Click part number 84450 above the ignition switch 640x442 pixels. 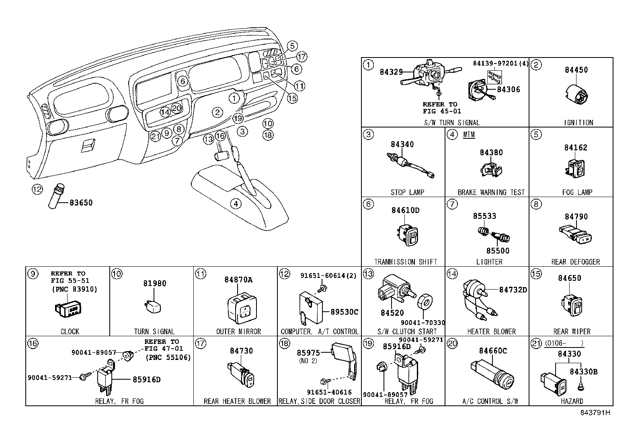576,70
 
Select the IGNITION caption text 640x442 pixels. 578,123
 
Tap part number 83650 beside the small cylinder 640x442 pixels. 81,202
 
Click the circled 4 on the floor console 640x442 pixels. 236,204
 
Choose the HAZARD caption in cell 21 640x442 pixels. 572,401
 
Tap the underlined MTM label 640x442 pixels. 469,135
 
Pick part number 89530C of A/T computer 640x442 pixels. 344,312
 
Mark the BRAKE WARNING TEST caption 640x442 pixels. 491,192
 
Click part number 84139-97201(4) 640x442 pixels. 500,64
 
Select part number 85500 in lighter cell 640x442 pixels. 497,251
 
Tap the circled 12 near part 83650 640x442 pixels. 37,189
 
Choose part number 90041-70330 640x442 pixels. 423,323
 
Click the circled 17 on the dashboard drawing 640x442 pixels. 302,57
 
